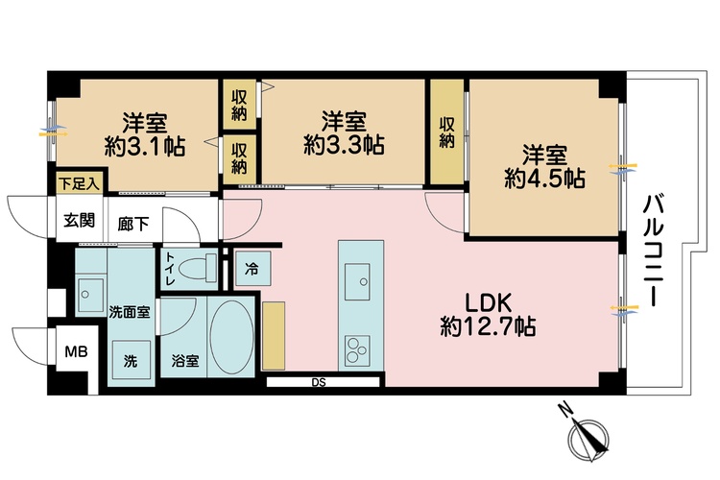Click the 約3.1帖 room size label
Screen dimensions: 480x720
(x=145, y=146)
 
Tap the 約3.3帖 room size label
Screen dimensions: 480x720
(x=344, y=144)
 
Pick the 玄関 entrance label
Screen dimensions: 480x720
(x=79, y=221)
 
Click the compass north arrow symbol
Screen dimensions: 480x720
(x=588, y=438)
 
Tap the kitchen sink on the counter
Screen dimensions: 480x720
(x=363, y=274)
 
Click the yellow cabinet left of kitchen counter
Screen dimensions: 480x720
(x=275, y=334)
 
